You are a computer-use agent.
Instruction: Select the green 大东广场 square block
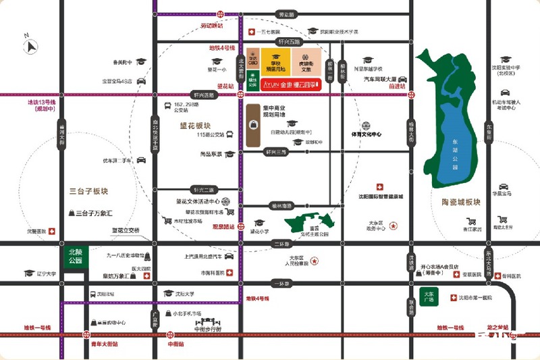tap(427, 297)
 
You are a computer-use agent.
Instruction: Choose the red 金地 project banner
tap(283, 84)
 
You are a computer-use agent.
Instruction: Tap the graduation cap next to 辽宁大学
tap(29, 274)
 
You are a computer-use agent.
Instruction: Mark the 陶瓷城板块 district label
tap(456, 202)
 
